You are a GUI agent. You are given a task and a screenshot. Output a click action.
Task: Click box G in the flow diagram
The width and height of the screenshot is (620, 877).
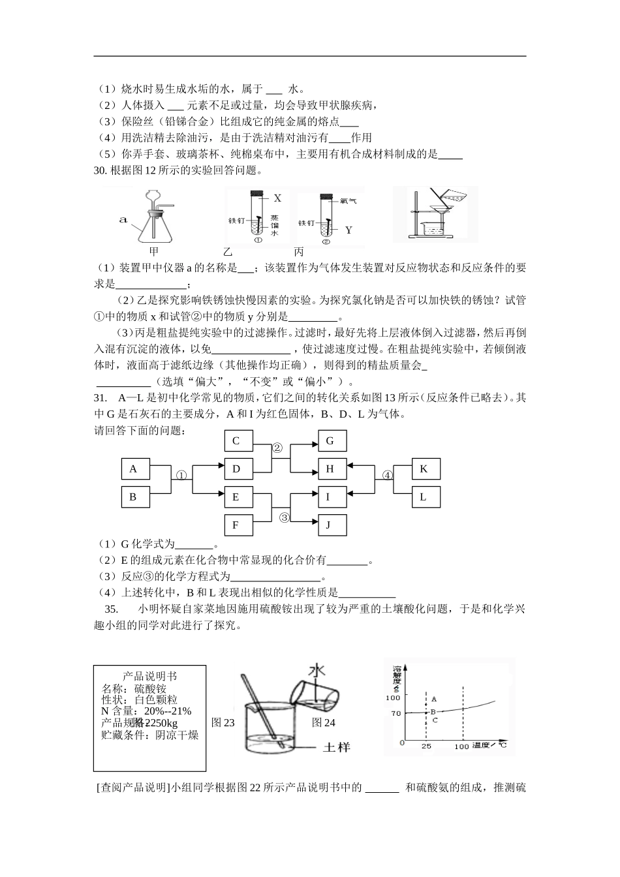coord(332,441)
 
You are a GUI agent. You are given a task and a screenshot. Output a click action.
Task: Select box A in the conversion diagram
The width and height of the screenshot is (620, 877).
coord(136,469)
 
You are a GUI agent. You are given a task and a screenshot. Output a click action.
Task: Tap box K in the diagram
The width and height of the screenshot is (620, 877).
coord(426,469)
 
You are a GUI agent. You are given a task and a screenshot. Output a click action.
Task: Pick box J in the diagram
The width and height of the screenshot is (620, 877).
coord(332,525)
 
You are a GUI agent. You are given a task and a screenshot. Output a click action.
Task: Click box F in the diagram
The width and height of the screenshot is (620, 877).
coord(238,525)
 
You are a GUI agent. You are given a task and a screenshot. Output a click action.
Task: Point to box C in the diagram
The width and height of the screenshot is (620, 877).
coord(238,441)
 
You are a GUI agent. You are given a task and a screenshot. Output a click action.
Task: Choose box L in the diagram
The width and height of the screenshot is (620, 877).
coord(426,497)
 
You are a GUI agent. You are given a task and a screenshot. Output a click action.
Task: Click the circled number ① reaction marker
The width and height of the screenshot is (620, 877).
coord(181,476)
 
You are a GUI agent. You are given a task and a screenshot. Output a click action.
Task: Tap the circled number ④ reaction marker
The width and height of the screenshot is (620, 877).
coord(388,476)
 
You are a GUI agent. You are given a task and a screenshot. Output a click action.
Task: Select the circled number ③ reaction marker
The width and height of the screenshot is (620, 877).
coord(285,517)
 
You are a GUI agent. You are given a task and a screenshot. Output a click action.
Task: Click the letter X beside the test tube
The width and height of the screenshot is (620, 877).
coord(277,198)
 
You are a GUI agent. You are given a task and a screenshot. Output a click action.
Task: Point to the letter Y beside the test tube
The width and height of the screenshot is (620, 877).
coord(349,230)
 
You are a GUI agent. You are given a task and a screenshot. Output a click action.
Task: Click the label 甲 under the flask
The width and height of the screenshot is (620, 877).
coord(154,251)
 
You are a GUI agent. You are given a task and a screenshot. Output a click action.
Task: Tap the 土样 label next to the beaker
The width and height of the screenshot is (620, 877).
coord(337,746)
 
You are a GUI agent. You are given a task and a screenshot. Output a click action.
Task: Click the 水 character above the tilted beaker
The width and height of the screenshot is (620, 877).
coord(317,671)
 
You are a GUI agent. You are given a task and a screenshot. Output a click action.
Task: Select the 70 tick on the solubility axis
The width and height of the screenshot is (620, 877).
coord(396,713)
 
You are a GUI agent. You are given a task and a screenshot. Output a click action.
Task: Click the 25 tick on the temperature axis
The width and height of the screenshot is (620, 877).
coord(426,746)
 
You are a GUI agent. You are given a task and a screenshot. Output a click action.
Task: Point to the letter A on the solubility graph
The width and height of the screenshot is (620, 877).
coord(434,699)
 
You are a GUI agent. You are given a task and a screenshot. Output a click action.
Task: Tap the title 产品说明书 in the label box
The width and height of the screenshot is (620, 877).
coord(149,676)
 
